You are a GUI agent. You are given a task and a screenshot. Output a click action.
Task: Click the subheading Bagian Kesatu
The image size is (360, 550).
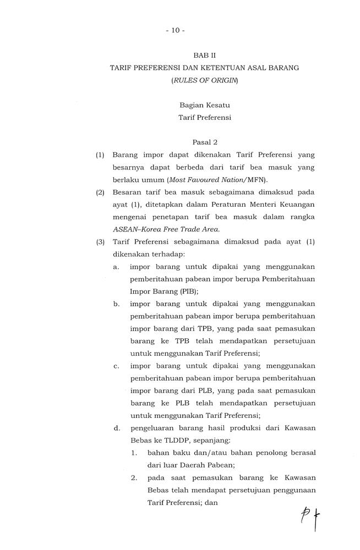pos(205,105)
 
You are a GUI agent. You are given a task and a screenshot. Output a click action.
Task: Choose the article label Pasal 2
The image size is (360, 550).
pos(205,142)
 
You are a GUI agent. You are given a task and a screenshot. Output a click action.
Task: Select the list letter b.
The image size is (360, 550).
pos(117,304)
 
